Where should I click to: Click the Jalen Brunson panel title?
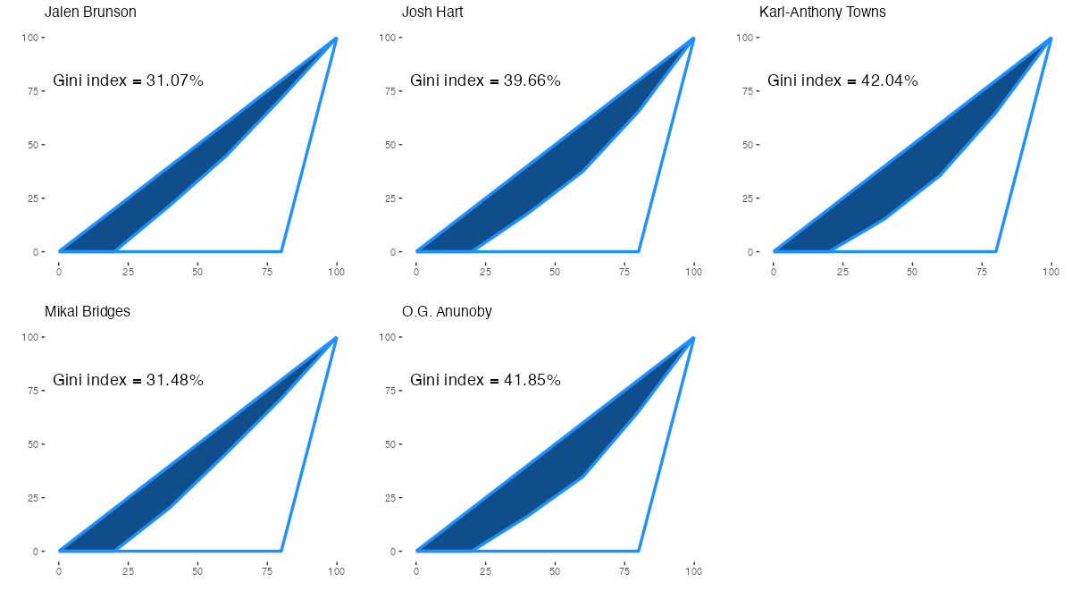pyautogui.click(x=90, y=13)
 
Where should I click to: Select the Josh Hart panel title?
pyautogui.click(x=432, y=13)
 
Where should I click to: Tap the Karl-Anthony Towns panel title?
pyautogui.click(x=823, y=13)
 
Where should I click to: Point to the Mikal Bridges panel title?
pyautogui.click(x=88, y=312)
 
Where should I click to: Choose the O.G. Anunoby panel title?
pyautogui.click(x=448, y=312)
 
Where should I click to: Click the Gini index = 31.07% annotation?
pyautogui.click(x=129, y=80)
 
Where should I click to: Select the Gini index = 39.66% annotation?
pyautogui.click(x=486, y=80)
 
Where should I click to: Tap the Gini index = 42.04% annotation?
pyautogui.click(x=843, y=80)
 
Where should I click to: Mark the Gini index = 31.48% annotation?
pyautogui.click(x=129, y=380)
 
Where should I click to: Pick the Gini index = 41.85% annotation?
pyautogui.click(x=486, y=380)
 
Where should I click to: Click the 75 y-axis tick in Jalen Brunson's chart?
pyautogui.click(x=38, y=91)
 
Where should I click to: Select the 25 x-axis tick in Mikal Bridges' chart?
pyautogui.click(x=128, y=569)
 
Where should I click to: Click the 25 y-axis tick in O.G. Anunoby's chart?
pyautogui.click(x=396, y=498)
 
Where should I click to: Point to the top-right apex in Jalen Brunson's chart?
pyautogui.click(x=336, y=38)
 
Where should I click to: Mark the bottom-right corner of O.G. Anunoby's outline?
pyautogui.click(x=639, y=551)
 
